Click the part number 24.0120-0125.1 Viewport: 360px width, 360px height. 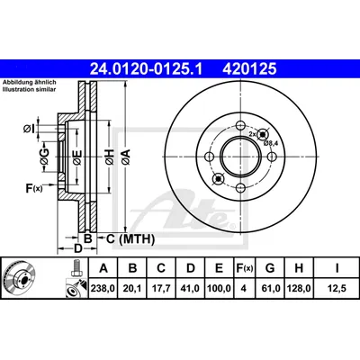coord(147,68)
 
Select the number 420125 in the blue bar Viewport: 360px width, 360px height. coord(249,68)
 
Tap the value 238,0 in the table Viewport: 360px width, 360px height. coord(103,288)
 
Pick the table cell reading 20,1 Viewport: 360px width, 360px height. coord(132,288)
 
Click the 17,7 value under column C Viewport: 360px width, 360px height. coord(161,288)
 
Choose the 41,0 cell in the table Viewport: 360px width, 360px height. coord(190,288)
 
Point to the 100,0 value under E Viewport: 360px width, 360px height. coord(219,288)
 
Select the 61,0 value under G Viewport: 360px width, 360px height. coord(270,288)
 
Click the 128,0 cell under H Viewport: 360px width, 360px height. coord(299,288)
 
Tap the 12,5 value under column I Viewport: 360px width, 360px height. coord(337,288)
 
